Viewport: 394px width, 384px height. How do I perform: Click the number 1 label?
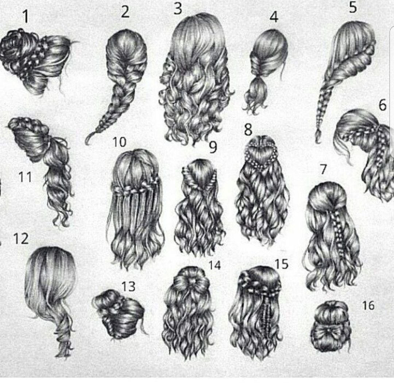click(26, 16)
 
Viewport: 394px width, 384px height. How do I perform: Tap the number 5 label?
click(353, 7)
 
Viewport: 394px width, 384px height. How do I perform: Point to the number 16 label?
click(368, 305)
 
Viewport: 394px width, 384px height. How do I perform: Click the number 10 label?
click(119, 142)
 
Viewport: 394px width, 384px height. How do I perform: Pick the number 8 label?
click(248, 129)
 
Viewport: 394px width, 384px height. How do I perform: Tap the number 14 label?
click(215, 265)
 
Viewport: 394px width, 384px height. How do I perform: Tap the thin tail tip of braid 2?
click(87, 141)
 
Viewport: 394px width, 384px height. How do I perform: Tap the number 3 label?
click(178, 8)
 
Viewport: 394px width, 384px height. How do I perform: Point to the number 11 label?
click(26, 177)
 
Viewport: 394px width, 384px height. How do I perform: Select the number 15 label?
click(281, 264)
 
